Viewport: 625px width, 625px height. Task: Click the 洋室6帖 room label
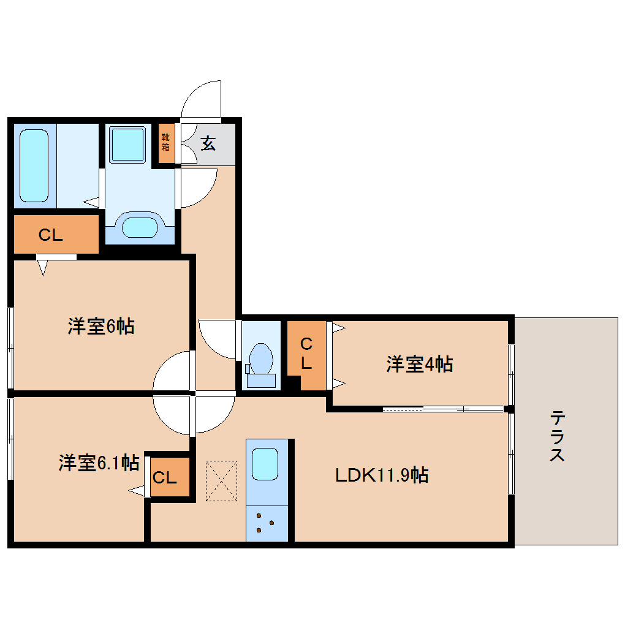(x=101, y=327)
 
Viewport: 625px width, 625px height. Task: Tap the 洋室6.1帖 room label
(x=98, y=462)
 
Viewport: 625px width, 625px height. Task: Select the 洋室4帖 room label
(x=420, y=365)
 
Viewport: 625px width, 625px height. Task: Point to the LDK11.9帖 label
(x=381, y=475)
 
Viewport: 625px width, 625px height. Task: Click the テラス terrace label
(x=557, y=436)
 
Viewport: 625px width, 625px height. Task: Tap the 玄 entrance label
(x=208, y=143)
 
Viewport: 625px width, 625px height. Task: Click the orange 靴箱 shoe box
(x=166, y=143)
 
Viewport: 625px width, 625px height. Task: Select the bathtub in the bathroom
(x=34, y=165)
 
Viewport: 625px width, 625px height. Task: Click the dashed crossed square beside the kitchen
(x=221, y=480)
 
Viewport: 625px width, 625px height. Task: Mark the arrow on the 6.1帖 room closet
(x=136, y=490)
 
